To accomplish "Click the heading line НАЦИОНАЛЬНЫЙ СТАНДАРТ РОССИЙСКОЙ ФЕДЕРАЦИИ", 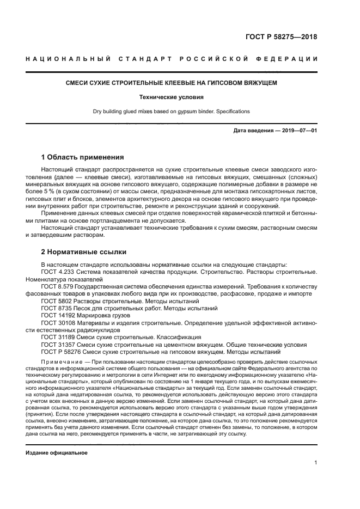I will click(172, 59).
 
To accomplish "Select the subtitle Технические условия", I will click(172, 97).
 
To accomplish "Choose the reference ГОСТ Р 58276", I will click(60, 352).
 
